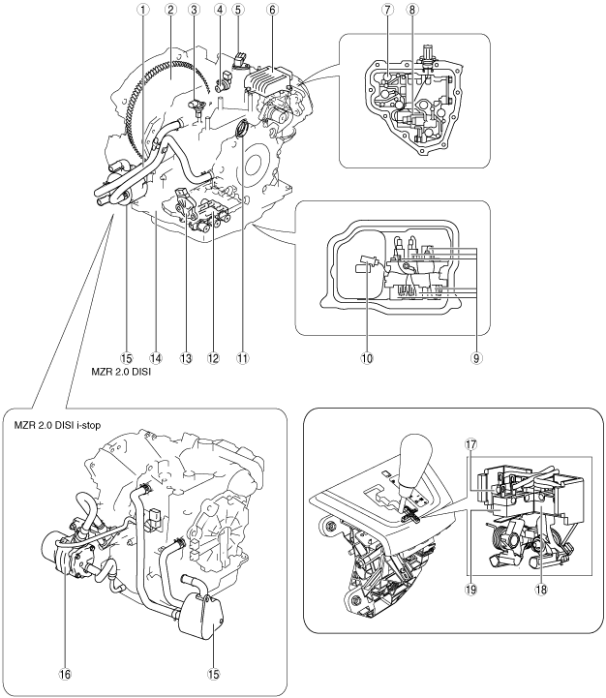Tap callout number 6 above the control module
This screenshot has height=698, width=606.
[272, 10]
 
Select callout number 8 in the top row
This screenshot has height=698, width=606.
[412, 10]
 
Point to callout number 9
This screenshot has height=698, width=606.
[476, 358]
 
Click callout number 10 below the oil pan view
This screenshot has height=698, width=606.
[367, 358]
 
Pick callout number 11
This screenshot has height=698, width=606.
[243, 358]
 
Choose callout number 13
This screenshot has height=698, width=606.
[186, 358]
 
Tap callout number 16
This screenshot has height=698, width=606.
[65, 675]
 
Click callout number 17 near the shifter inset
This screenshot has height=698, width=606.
[470, 444]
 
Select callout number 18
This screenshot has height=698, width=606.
[541, 590]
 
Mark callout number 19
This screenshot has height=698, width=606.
[470, 590]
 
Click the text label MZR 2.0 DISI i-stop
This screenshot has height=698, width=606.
[57, 425]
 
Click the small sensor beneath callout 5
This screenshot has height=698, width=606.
[239, 61]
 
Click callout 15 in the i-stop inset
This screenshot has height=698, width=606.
[214, 675]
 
